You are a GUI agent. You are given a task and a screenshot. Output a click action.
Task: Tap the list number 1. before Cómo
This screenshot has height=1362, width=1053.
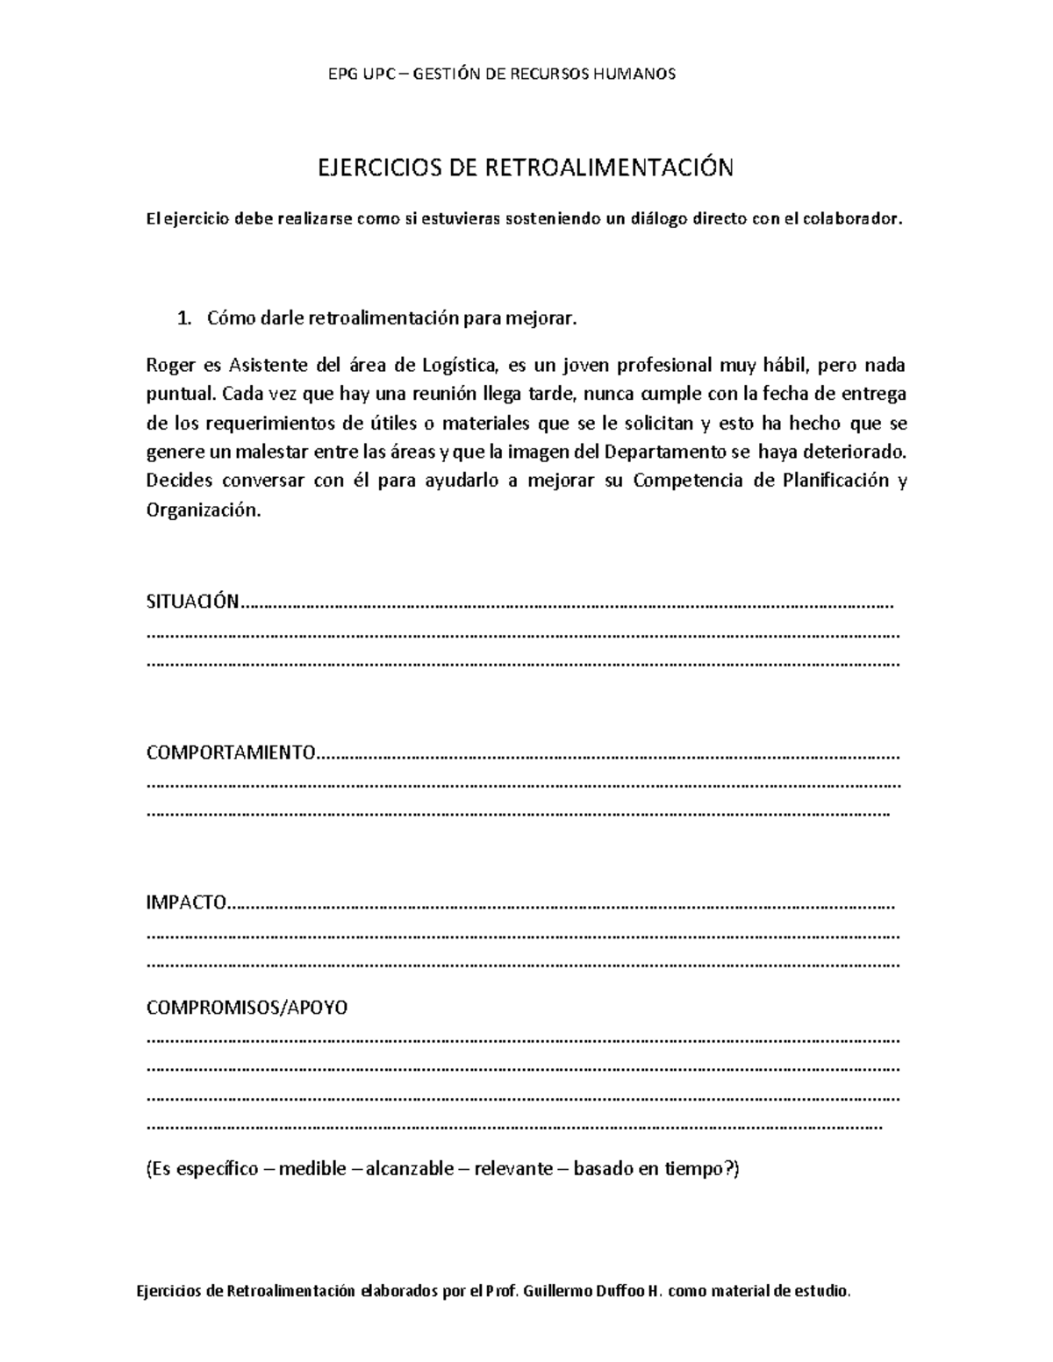point(183,319)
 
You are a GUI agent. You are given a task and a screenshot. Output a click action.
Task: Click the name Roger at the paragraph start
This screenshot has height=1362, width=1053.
point(167,365)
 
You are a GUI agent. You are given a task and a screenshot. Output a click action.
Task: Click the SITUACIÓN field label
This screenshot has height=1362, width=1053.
point(191,602)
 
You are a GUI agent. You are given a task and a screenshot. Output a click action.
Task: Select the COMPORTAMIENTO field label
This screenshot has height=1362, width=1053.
point(231,752)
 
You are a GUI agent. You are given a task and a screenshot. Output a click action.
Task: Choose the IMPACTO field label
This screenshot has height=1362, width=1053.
point(186,903)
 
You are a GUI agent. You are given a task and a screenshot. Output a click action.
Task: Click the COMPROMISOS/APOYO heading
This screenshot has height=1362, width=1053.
point(247,1007)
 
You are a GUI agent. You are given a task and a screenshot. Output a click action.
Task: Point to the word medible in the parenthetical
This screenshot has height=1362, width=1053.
point(312,1168)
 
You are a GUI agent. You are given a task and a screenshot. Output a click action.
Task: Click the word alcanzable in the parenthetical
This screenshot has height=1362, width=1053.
point(410,1168)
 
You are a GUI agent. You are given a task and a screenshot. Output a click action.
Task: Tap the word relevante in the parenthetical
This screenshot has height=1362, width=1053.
point(513,1168)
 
